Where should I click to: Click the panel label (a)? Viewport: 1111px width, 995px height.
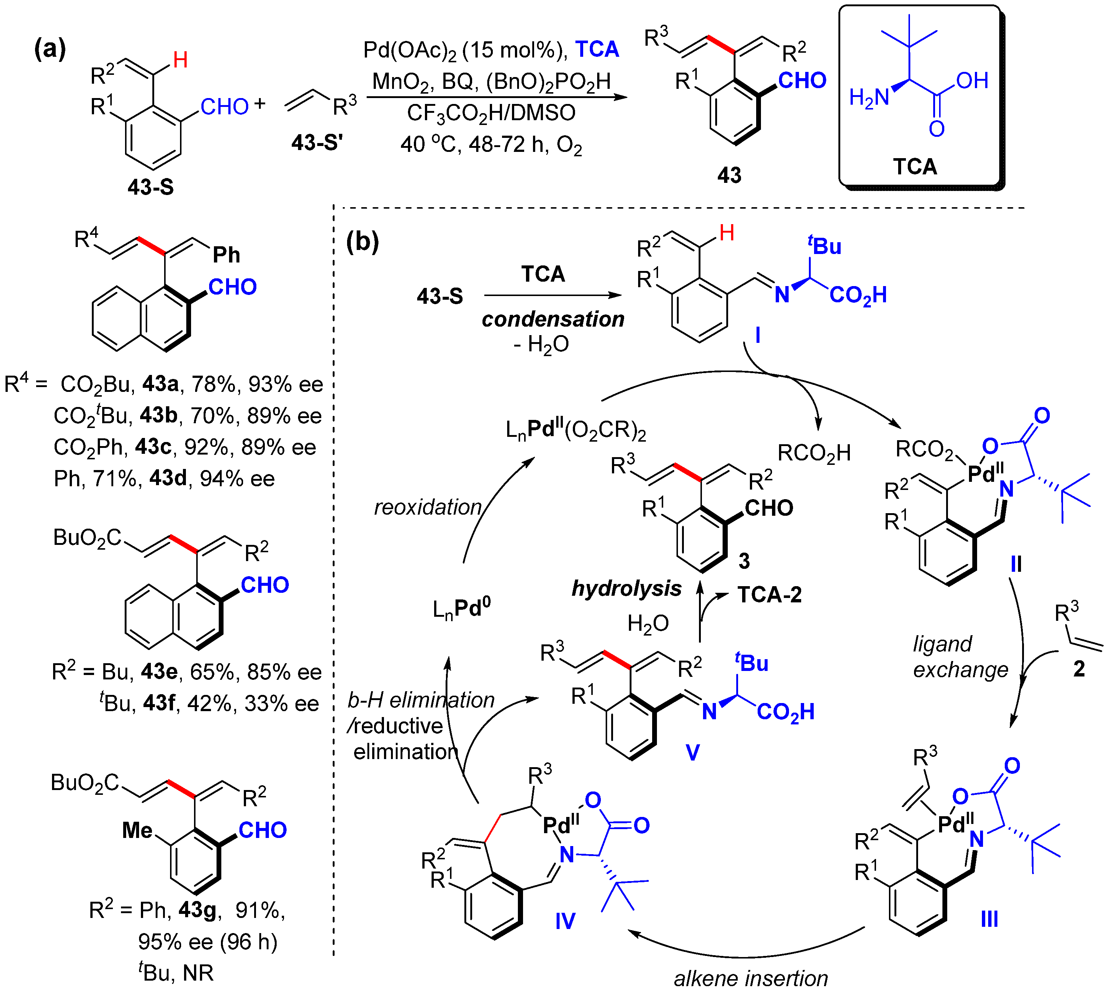[50, 49]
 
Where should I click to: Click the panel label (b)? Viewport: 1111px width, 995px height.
[362, 241]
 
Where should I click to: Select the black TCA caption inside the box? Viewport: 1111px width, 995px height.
[915, 166]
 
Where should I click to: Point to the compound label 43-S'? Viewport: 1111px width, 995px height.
[317, 143]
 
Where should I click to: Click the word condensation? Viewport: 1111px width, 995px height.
[553, 319]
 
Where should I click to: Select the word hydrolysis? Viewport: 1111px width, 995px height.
[626, 588]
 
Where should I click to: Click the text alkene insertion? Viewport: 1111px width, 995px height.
[751, 978]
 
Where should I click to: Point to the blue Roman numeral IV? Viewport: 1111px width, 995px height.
[565, 921]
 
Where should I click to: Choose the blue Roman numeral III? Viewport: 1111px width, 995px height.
[989, 919]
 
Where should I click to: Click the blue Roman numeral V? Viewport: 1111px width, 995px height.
[692, 753]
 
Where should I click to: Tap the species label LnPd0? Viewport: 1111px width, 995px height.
[461, 609]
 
